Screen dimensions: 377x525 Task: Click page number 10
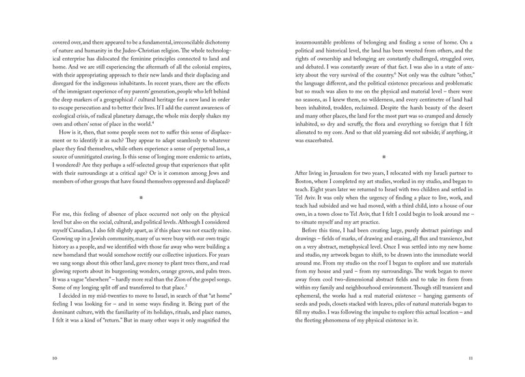tap(55, 357)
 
